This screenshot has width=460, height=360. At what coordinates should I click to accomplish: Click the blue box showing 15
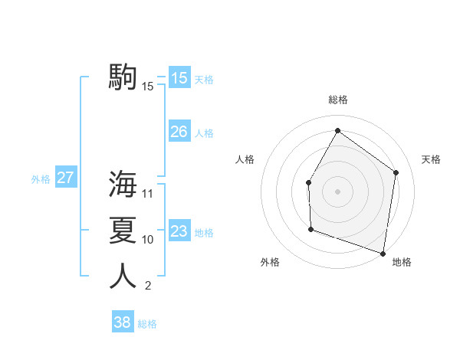[x=179, y=77]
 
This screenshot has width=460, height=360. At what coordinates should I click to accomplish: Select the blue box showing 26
[x=179, y=132]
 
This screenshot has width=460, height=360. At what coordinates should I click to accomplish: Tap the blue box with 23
[x=179, y=231]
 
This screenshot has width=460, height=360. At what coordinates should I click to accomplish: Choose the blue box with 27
[x=65, y=178]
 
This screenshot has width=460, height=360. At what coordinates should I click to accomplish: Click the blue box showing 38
[x=122, y=322]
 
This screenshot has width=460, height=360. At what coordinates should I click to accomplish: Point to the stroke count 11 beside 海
[x=148, y=194]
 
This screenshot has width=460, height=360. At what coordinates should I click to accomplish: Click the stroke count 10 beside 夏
[x=148, y=240]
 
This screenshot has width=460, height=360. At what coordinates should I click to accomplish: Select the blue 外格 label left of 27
[x=41, y=179]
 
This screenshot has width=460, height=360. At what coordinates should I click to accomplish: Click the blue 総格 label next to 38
[x=147, y=324]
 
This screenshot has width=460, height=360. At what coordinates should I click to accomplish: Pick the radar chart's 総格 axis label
[x=337, y=100]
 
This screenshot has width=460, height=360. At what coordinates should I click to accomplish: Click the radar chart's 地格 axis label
[x=402, y=262]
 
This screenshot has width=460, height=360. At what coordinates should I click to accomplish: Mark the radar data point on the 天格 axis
[x=396, y=172]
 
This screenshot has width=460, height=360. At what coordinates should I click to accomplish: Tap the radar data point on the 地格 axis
[x=383, y=253]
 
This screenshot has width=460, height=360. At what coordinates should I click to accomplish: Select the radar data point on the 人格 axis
[x=308, y=182]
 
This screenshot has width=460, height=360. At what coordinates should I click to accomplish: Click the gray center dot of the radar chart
[x=337, y=191]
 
